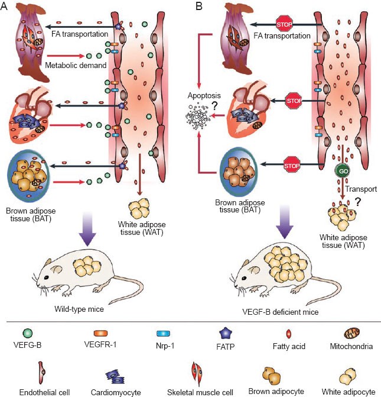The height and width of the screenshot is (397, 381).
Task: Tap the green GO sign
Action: click(x=342, y=171)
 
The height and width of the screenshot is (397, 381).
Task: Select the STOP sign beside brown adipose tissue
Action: click(x=294, y=161)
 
